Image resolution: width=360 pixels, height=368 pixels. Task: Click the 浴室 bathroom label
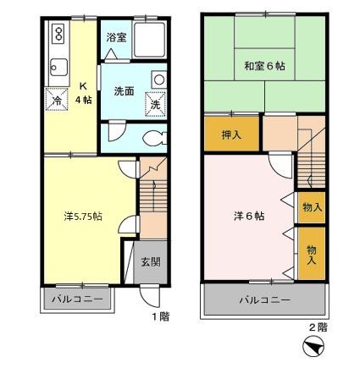point(116,37)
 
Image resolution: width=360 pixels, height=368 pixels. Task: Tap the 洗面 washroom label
point(125,91)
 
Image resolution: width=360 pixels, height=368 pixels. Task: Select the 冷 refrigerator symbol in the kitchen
point(58,98)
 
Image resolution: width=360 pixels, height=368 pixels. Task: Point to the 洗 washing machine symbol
point(156,104)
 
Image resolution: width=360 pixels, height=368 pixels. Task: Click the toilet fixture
point(152,137)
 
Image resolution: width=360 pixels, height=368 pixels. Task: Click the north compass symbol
point(312,348)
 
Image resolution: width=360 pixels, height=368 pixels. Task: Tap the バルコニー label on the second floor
point(263,299)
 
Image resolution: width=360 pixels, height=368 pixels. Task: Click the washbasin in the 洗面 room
point(158,79)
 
